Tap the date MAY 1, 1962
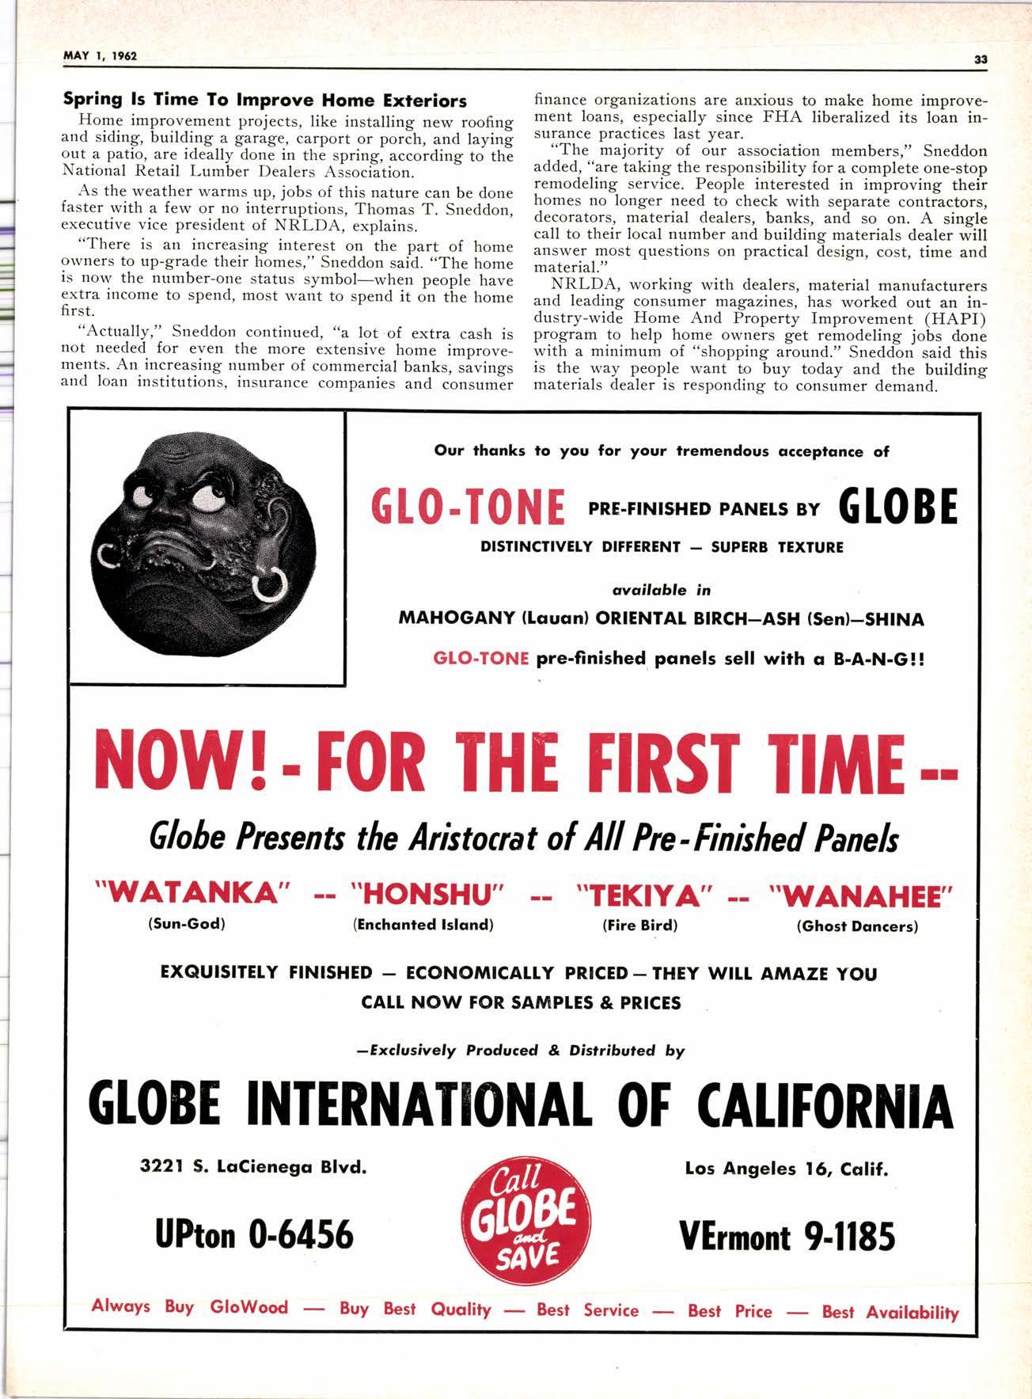click(100, 56)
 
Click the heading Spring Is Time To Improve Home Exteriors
click(264, 101)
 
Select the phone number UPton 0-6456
click(254, 1234)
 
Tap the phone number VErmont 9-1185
click(787, 1234)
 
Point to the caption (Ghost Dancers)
click(857, 926)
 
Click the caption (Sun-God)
click(188, 924)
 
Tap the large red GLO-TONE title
click(468, 508)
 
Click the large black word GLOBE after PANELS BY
click(897, 507)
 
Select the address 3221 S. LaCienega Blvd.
click(253, 1166)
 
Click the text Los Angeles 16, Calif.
click(786, 1168)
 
